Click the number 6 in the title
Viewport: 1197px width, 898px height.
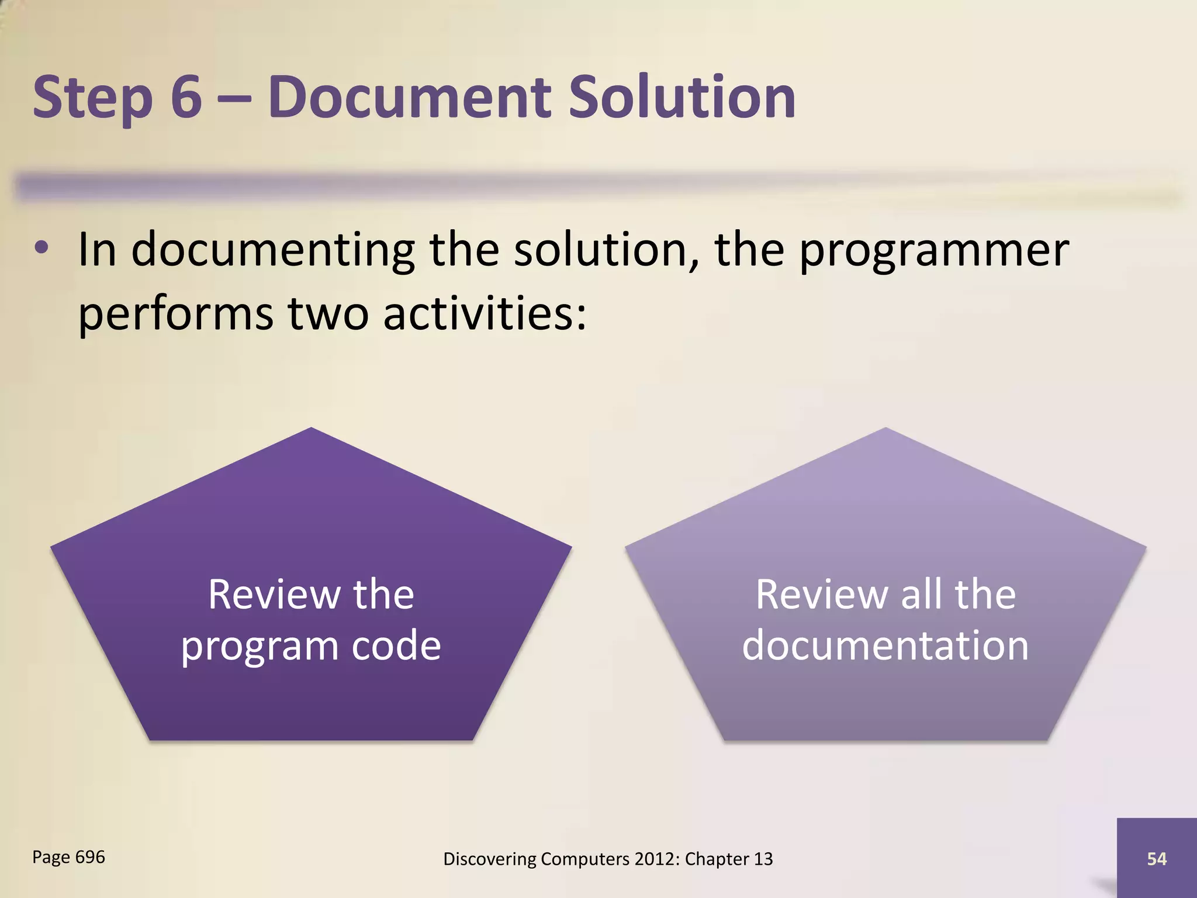click(186, 96)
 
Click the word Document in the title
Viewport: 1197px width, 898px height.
click(409, 96)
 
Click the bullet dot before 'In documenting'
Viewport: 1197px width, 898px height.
click(41, 248)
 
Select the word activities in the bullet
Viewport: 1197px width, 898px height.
click(485, 313)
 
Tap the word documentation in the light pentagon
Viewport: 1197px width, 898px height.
click(885, 645)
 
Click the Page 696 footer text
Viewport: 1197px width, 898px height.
click(68, 857)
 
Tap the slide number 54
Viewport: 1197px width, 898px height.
click(1157, 859)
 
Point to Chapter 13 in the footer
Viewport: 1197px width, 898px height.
click(729, 859)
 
